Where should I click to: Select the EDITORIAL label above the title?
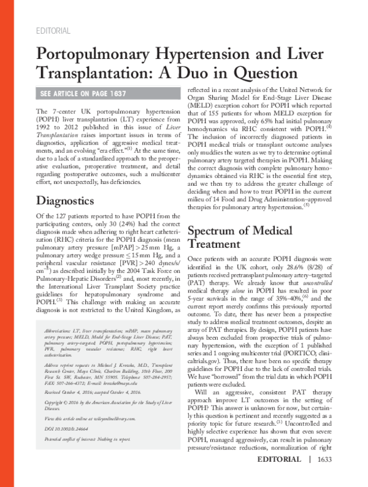click(54, 31)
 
